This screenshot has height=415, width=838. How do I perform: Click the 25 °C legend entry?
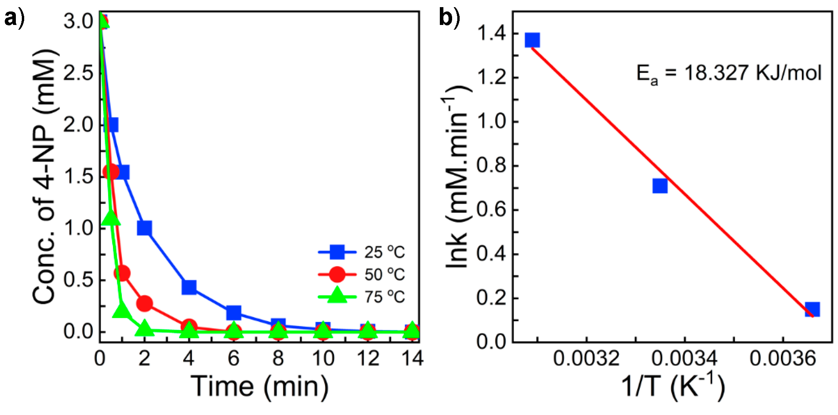click(x=362, y=252)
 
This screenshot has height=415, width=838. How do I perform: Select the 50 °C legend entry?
click(x=362, y=274)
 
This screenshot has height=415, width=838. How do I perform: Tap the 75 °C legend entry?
click(x=362, y=297)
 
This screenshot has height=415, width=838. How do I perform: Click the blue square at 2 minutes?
click(x=144, y=228)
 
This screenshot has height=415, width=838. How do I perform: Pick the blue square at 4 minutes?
click(x=189, y=287)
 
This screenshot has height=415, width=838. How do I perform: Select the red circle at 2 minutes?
click(x=144, y=303)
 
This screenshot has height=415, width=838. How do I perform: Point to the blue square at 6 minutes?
click(x=234, y=312)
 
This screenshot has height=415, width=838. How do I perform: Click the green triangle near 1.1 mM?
click(x=111, y=217)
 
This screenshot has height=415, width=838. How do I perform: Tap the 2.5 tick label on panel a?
click(x=79, y=73)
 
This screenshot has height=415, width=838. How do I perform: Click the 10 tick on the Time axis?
click(x=323, y=359)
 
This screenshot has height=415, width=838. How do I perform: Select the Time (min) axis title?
click(x=260, y=386)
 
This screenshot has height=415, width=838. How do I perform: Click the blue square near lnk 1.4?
click(x=532, y=40)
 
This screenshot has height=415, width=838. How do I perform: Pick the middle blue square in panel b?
click(x=660, y=186)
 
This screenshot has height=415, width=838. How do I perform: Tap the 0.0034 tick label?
click(x=684, y=359)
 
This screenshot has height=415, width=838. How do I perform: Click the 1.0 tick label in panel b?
click(x=492, y=121)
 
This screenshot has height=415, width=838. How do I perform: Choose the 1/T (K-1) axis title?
click(x=673, y=386)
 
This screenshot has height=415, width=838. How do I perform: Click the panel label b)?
click(x=449, y=18)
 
